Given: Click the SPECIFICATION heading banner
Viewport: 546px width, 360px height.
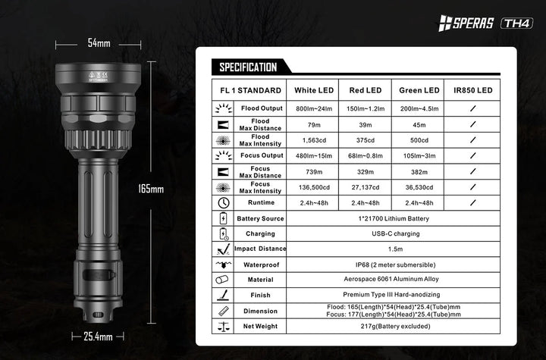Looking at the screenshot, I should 248,67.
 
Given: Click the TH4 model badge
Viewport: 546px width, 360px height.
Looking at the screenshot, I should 517,23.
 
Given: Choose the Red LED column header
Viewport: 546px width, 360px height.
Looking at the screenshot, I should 365,90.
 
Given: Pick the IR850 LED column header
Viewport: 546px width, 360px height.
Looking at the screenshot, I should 472,90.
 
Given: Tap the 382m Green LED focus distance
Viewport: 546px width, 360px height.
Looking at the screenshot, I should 419,171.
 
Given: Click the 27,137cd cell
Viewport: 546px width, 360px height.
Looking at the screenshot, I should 365,187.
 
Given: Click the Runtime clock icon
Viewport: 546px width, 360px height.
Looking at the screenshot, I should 223,203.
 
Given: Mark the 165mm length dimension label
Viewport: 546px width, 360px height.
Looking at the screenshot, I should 152,189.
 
